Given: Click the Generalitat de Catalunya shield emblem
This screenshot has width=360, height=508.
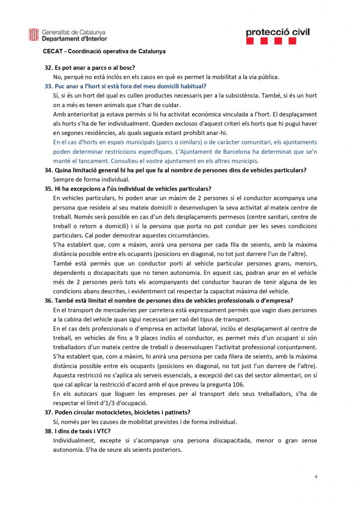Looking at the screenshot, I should point(34,35).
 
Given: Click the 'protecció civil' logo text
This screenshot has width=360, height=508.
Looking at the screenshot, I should point(278,32).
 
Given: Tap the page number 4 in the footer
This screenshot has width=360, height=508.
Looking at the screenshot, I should point(316,477).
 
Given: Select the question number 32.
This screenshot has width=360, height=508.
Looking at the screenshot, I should point(49,67).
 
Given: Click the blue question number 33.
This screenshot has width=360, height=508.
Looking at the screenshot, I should point(49,86).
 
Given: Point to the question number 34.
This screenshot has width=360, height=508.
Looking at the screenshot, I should point(49,170).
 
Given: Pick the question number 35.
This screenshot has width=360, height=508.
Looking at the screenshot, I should point(49,189).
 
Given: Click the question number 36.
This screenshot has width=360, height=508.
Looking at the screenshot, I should point(49,301).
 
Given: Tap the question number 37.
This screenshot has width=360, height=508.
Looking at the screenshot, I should point(49,413).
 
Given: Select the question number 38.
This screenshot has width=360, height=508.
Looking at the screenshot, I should point(49,432).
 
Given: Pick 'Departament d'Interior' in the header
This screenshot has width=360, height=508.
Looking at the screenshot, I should point(74,38).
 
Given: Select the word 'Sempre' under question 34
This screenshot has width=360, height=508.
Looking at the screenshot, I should point(64,179).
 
